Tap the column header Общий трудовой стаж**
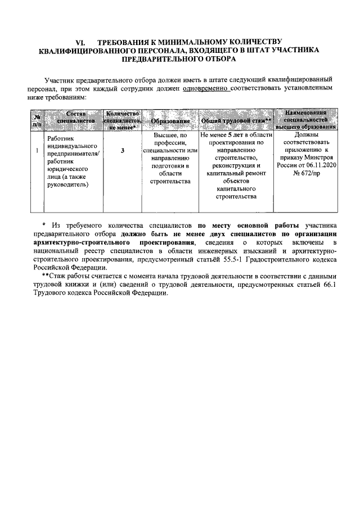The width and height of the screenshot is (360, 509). click(236, 121)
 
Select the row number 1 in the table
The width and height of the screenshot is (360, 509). click(37, 151)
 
